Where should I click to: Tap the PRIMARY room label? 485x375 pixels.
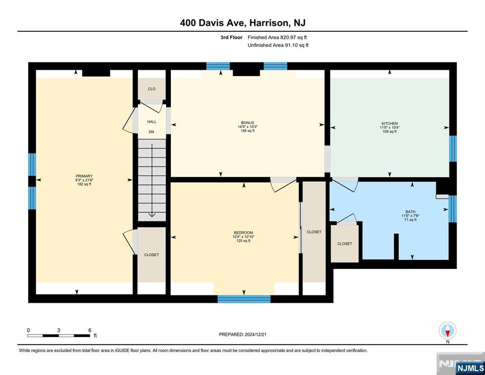pos(84,176)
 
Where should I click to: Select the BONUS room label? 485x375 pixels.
pos(247,123)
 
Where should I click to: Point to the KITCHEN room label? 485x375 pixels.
pos(389,123)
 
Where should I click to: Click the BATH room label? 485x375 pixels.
pos(410,212)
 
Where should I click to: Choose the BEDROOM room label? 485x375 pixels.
pos(243,232)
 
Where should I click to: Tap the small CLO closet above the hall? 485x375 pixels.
pos(152,89)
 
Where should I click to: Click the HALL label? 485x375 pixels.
pos(152,122)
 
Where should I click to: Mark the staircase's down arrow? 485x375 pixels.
pos(152,180)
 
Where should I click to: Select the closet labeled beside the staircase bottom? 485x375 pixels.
pos(151,255)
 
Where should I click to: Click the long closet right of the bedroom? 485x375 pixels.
pos(314,232)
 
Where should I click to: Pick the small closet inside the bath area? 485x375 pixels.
pos(344,244)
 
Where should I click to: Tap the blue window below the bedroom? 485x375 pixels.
pos(244,299)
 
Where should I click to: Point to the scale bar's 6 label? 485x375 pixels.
pos(90,330)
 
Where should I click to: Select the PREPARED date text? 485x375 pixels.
pos(242,334)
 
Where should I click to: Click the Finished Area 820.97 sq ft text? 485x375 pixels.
pos(277,38)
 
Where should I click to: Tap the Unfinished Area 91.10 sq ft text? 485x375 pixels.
pos(278,45)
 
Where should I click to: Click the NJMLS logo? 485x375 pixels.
pos(470,368)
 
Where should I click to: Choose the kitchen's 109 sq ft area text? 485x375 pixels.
pos(389,131)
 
